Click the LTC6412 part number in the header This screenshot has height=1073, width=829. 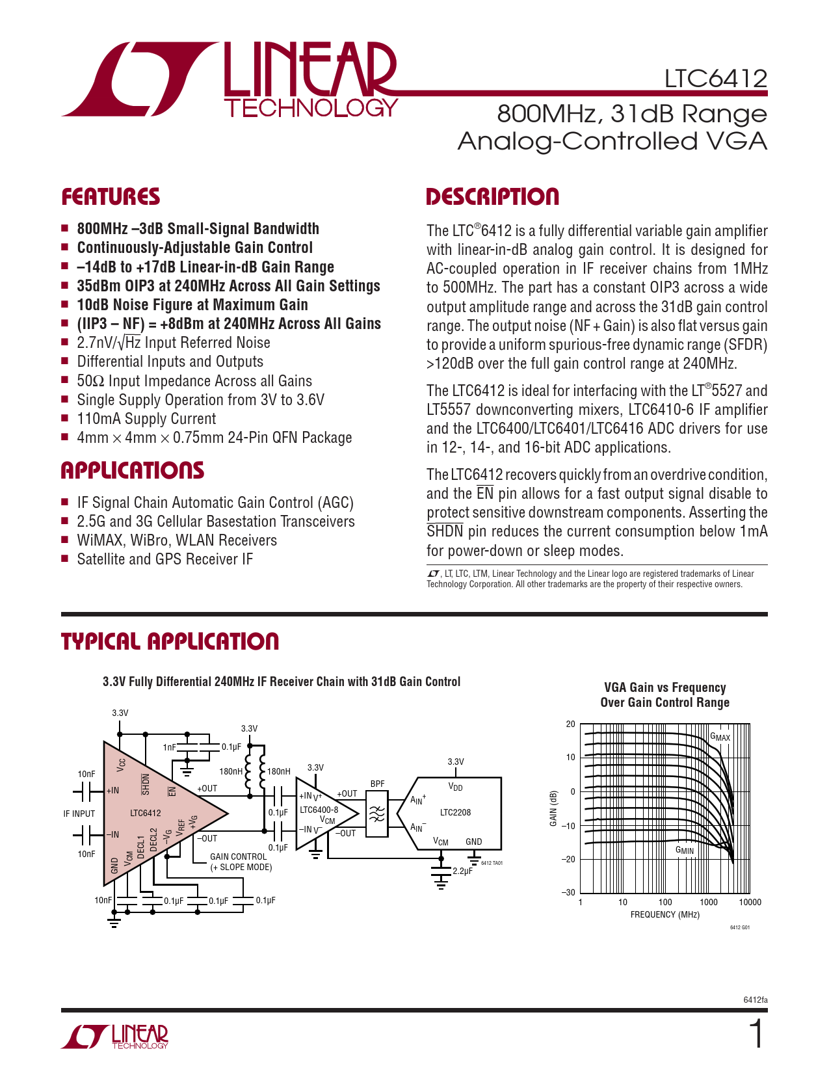tap(715, 79)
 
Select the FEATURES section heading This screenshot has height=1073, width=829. tap(111, 197)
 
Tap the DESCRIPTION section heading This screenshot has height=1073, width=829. tap(492, 197)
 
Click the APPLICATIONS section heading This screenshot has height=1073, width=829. tap(133, 471)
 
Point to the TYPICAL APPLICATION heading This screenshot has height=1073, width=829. tap(170, 642)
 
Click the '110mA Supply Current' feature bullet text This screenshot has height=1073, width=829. tap(146, 419)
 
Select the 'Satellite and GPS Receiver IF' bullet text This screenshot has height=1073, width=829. tap(164, 559)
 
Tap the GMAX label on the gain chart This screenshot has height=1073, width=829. tap(720, 737)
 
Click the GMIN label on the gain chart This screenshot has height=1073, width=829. tap(684, 850)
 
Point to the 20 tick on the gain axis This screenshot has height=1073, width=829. tap(570, 724)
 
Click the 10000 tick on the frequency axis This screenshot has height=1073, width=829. tap(750, 902)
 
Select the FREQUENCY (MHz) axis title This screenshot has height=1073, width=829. tap(665, 915)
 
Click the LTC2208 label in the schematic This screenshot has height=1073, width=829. tap(455, 812)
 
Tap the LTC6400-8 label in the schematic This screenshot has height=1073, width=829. tap(319, 810)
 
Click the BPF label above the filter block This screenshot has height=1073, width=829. tap(377, 784)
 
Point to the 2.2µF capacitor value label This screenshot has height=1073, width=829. tap(462, 871)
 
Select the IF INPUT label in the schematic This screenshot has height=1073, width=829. tap(79, 814)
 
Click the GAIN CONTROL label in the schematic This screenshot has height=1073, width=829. tap(238, 856)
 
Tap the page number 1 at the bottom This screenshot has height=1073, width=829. tap(757, 1034)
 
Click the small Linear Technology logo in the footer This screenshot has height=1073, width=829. tap(115, 1037)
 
